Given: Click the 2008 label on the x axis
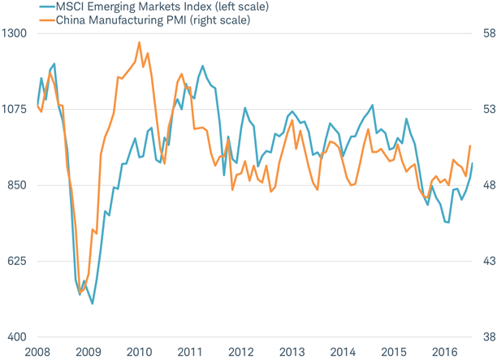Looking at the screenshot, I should pyautogui.click(x=37, y=352).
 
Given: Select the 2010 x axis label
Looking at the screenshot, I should pyautogui.click(x=139, y=352).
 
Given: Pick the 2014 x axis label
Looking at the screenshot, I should pyautogui.click(x=342, y=352).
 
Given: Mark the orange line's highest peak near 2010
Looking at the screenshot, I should pyautogui.click(x=139, y=42).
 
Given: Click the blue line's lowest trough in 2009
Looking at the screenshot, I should pyautogui.click(x=93, y=304).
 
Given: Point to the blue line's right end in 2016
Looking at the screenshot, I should pyautogui.click(x=472, y=164).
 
